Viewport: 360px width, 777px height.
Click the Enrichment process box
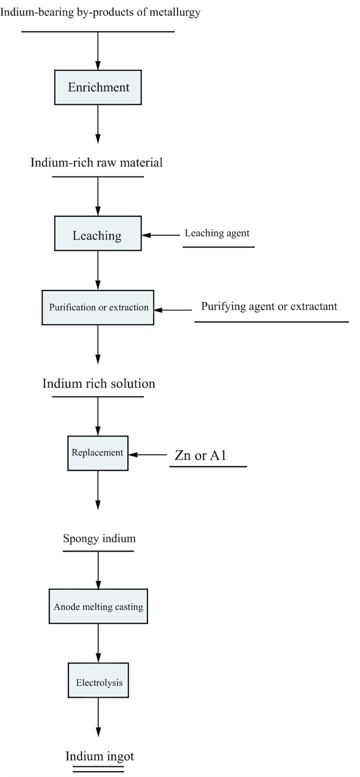98,87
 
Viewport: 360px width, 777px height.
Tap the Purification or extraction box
98,307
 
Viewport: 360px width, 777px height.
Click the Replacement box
98,453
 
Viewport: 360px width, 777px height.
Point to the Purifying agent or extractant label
270,306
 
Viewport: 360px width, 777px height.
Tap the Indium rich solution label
99,384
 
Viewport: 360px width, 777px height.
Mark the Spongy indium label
99,538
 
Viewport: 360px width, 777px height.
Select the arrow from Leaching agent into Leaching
161,235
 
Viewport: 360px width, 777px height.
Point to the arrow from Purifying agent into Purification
173,310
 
